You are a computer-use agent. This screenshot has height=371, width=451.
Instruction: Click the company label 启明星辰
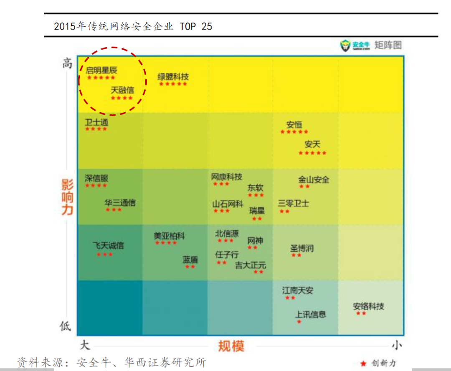tap(101, 70)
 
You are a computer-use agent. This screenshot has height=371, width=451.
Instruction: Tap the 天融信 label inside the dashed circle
tap(122, 90)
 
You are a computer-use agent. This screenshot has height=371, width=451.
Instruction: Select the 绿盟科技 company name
tap(173, 77)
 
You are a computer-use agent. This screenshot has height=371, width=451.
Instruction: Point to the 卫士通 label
tap(96, 122)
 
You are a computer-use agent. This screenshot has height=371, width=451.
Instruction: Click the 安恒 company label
tap(294, 125)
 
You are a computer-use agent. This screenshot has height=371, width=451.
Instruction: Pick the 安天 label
tap(312, 144)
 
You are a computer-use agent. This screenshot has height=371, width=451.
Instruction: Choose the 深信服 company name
tap(96, 178)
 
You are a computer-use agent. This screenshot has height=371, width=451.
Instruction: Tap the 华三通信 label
tap(120, 203)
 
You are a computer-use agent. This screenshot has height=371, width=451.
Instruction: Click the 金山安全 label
tap(314, 179)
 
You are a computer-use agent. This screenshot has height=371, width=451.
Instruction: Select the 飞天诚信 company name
tap(108, 245)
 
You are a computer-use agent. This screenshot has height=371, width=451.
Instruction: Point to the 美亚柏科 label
tap(169, 236)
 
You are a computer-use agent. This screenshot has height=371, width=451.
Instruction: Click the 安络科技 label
tap(368, 306)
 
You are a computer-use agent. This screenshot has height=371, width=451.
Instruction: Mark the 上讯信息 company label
tap(311, 315)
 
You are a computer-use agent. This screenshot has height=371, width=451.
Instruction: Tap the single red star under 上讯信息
tap(299, 322)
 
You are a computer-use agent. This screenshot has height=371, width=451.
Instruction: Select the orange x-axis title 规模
tap(231, 346)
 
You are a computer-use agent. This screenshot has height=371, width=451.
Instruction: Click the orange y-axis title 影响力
tap(67, 197)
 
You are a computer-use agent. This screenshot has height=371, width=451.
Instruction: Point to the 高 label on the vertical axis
tap(67, 63)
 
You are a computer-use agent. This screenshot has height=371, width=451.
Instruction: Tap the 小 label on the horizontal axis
tap(397, 346)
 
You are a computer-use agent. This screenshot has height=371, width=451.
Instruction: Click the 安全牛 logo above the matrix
tap(355, 45)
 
